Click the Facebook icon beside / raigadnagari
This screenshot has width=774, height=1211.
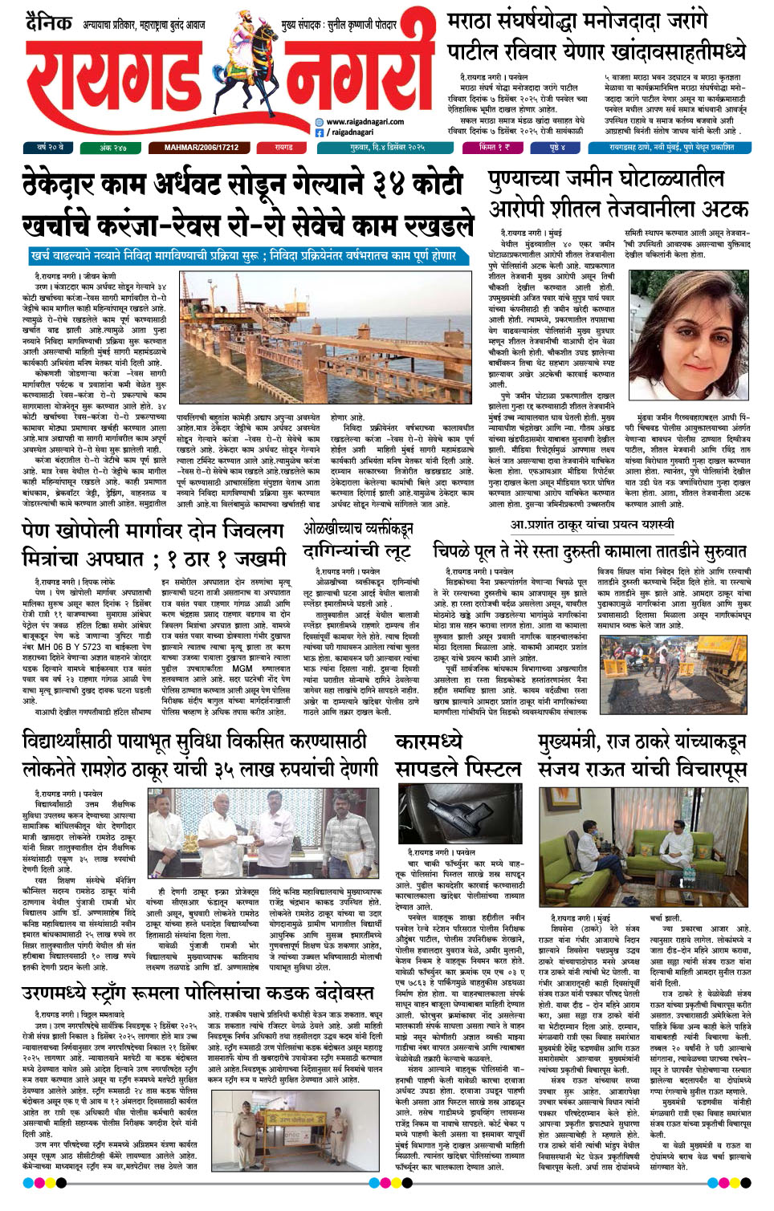tap(320, 132)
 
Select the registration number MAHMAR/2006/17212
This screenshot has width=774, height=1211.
tap(202, 148)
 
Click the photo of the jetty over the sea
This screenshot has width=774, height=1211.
tap(326, 336)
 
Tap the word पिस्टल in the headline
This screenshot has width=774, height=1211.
tap(490, 770)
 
